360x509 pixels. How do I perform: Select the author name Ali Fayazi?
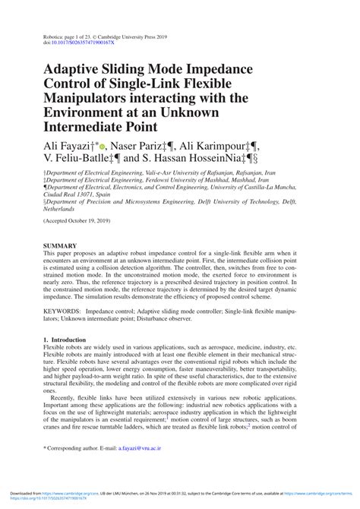[x=71, y=144]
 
